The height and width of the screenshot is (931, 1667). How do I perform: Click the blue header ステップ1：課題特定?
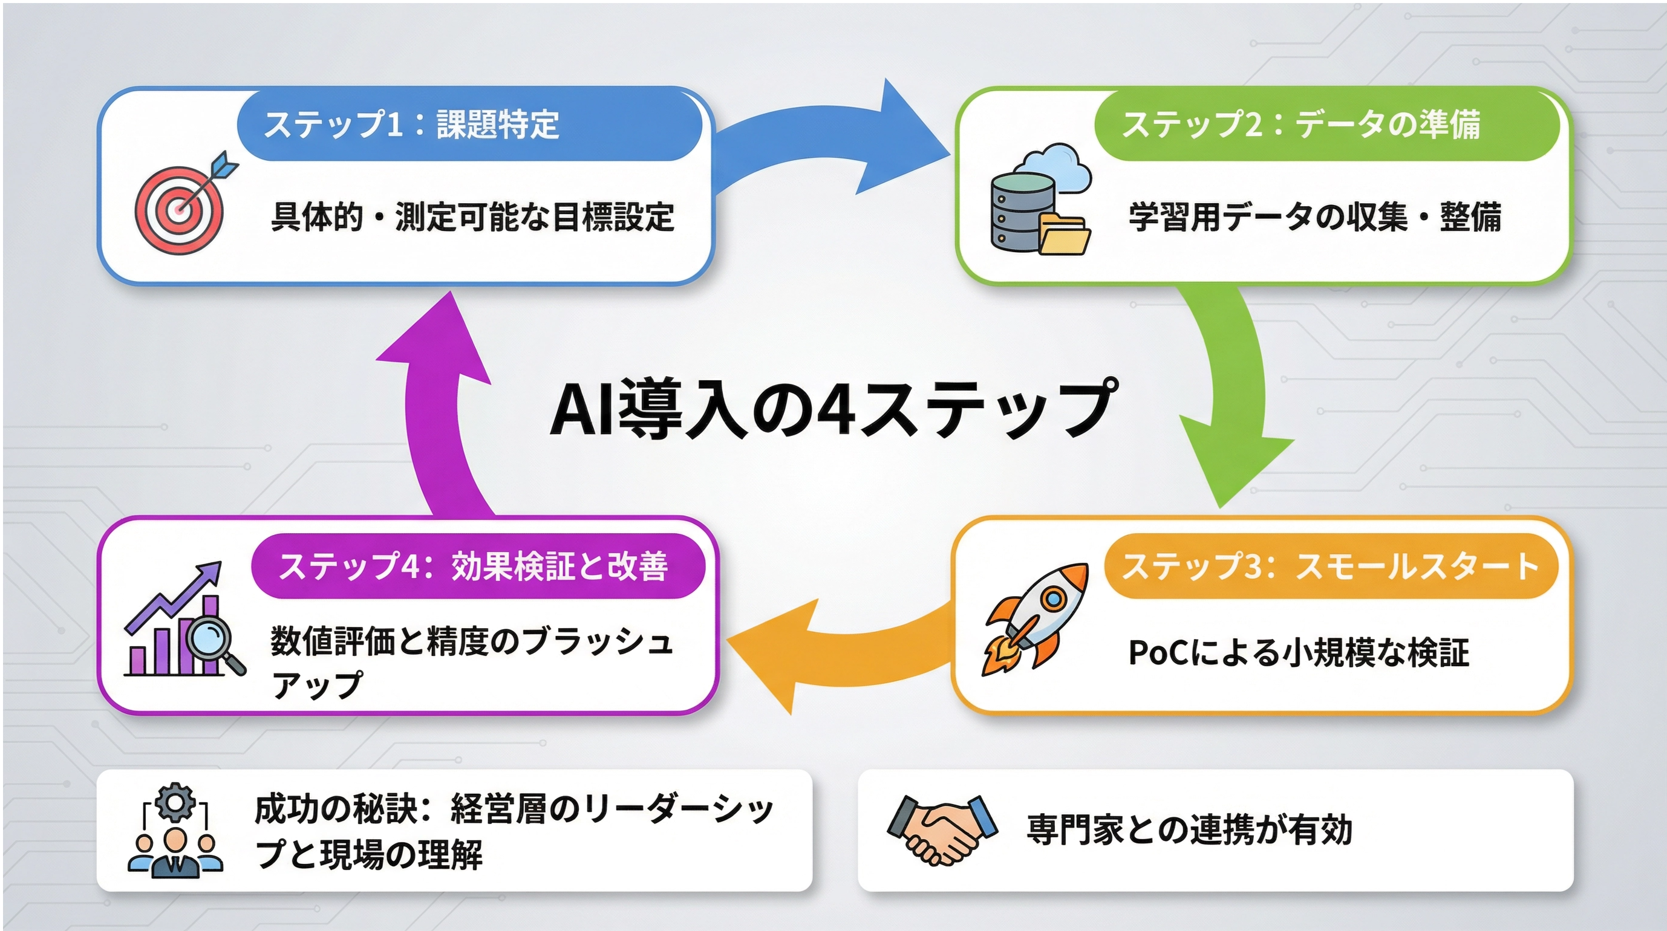[x=469, y=124]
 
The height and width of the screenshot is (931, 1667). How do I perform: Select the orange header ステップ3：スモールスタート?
[x=1331, y=566]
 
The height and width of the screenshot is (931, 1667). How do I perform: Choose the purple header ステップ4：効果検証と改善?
[x=478, y=566]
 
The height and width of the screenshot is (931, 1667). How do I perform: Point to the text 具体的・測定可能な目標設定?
[x=472, y=217]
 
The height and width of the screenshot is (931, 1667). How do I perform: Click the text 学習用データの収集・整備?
[x=1315, y=217]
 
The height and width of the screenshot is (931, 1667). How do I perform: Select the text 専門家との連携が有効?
[x=1189, y=829]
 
